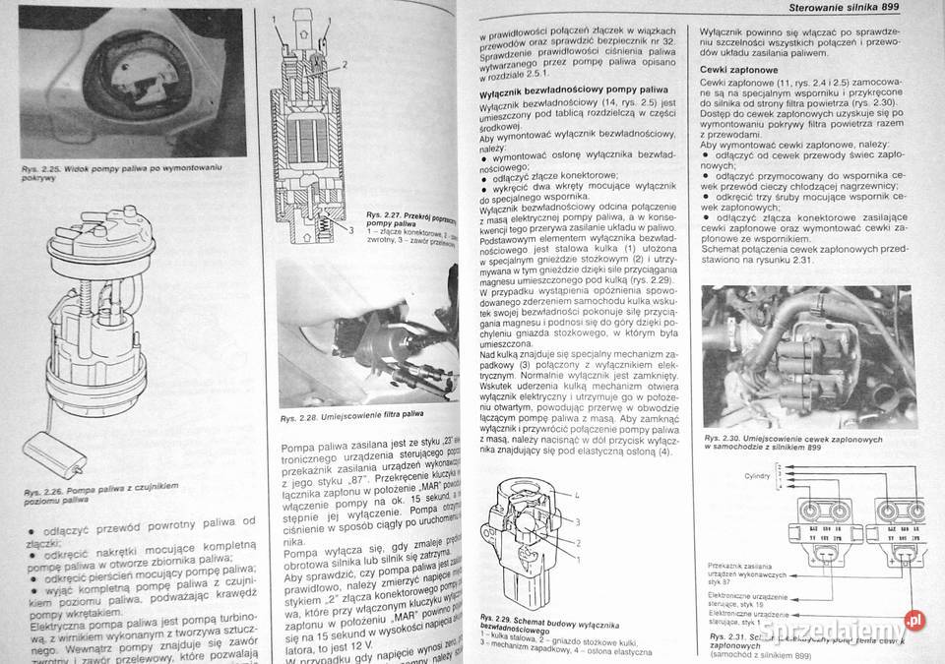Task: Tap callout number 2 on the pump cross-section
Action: [345, 64]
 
